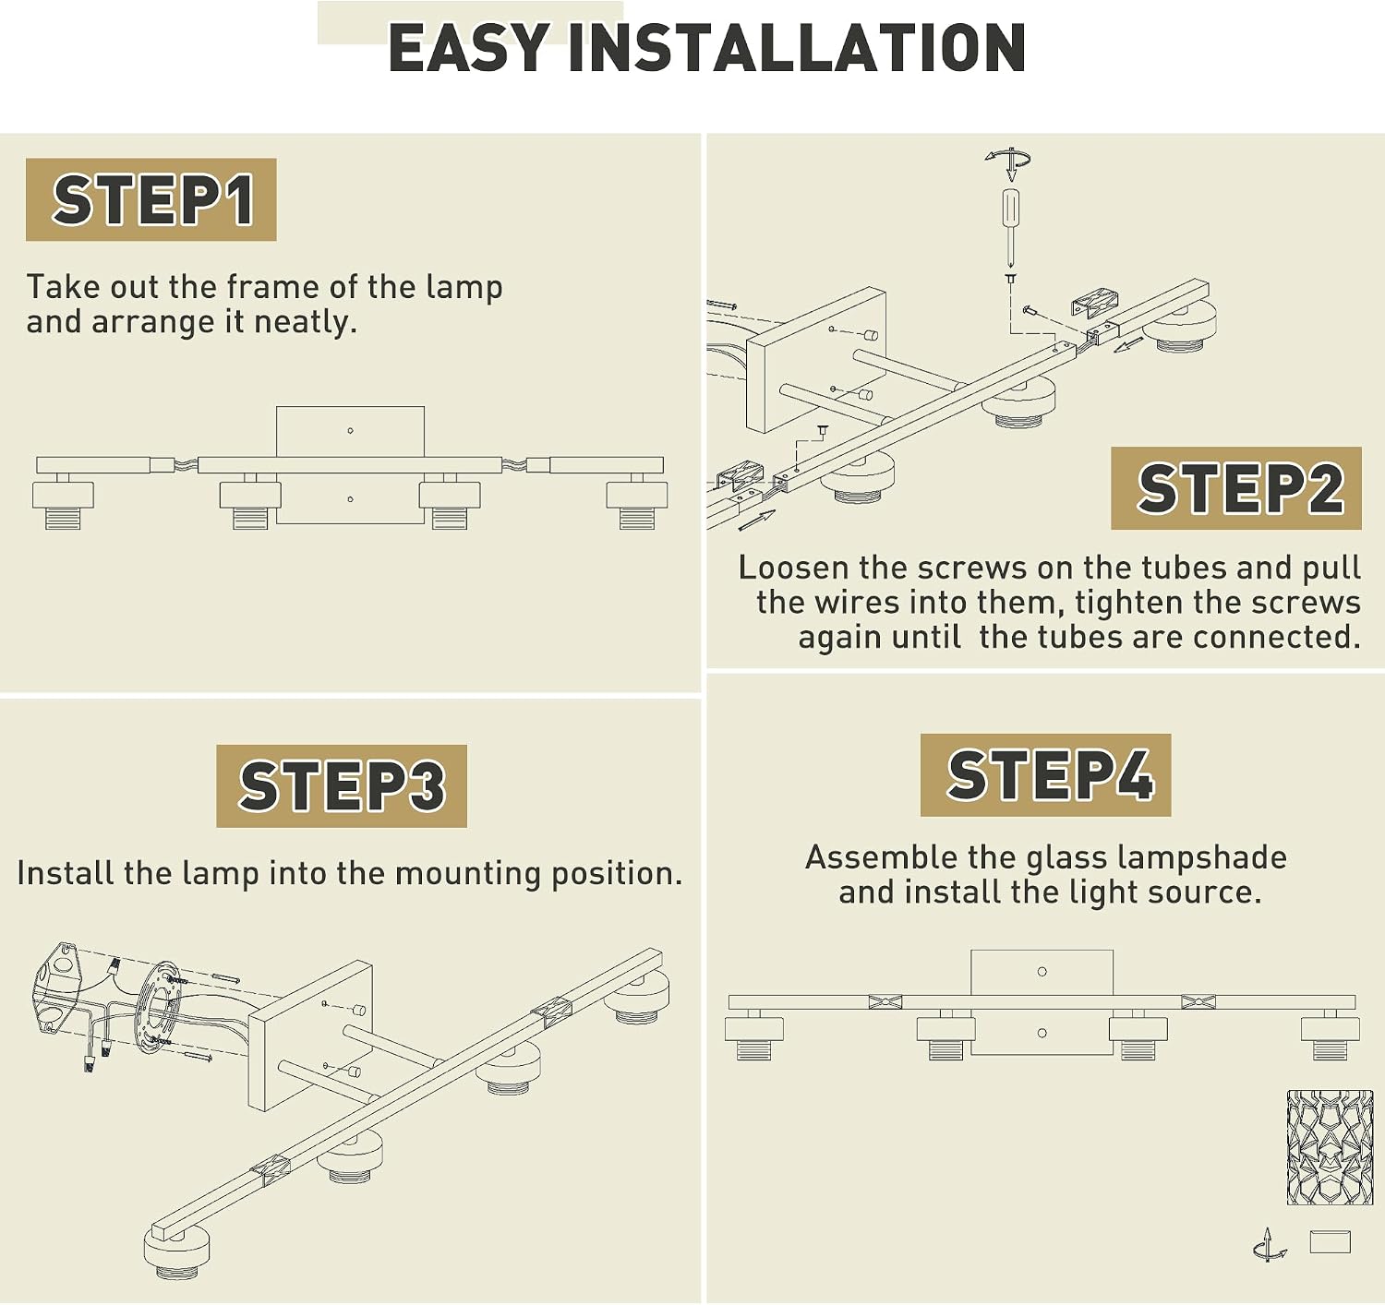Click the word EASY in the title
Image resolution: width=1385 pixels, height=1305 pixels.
(468, 47)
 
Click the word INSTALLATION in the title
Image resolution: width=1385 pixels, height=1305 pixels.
(797, 47)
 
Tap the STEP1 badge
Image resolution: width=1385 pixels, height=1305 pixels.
(151, 199)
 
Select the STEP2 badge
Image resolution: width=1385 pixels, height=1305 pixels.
(1235, 488)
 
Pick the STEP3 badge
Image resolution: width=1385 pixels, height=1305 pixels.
(342, 785)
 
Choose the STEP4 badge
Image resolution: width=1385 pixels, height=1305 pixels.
(1045, 774)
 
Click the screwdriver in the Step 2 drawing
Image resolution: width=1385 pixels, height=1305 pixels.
(1010, 227)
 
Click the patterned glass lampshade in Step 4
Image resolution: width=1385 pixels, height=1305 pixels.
(1319, 1147)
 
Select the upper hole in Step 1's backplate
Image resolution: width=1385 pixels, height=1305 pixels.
(350, 431)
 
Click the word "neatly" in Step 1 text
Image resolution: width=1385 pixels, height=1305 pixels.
(305, 323)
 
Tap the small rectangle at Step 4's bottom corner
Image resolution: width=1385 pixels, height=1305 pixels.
(1330, 1241)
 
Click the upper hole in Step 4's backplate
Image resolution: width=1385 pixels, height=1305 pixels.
(1042, 972)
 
